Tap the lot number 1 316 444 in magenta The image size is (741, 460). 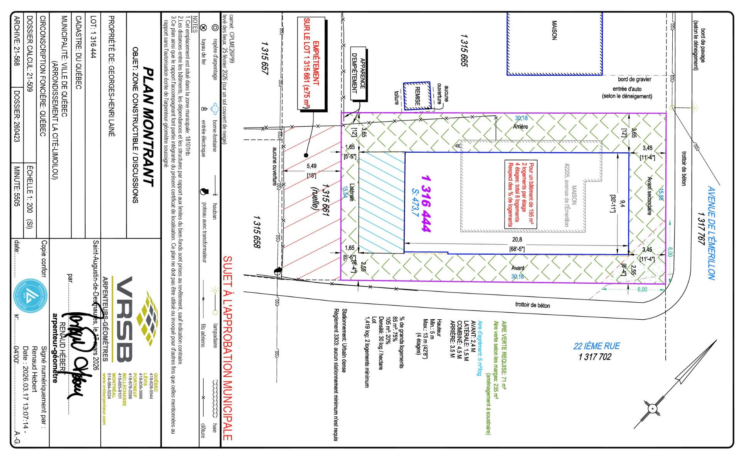pos(426,203)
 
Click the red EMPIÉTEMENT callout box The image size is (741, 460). pos(311,64)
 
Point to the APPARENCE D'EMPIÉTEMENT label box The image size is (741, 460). pos(358,73)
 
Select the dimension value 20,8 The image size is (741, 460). pos(517,240)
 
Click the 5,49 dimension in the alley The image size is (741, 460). pos(311,166)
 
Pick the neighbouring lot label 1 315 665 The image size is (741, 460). pos(464,50)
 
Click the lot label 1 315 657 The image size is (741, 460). pos(264,58)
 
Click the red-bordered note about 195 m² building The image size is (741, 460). pos(521,194)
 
